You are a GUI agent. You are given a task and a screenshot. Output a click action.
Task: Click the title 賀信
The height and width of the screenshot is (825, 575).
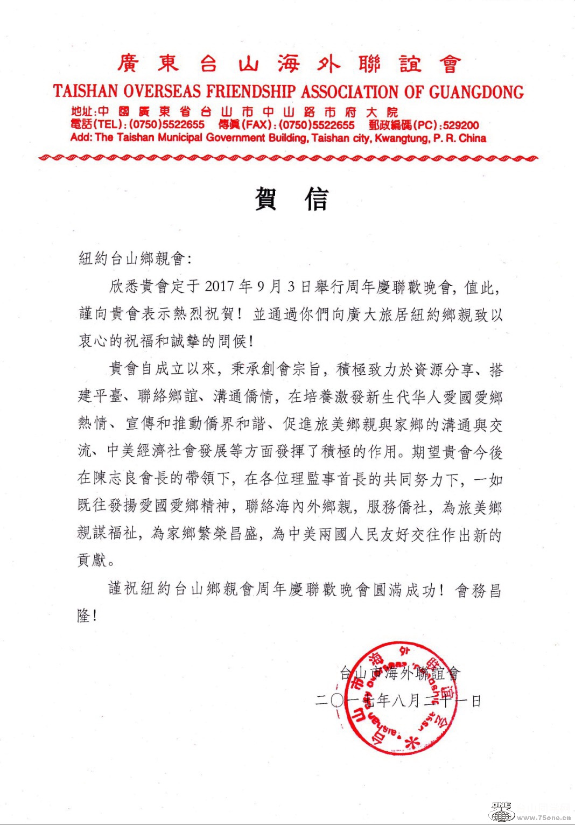tap(291, 199)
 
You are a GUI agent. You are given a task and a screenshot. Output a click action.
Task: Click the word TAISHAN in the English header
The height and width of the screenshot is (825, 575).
tap(86, 92)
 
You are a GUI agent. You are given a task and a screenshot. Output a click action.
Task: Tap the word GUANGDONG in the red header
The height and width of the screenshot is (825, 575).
tap(476, 92)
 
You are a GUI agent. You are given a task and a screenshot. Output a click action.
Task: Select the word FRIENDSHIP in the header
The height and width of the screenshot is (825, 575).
tap(251, 92)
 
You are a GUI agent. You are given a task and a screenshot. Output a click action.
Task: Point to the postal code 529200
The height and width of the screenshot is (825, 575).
tap(461, 125)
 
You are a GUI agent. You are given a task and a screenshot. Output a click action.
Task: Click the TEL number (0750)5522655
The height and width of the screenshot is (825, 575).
tap(167, 125)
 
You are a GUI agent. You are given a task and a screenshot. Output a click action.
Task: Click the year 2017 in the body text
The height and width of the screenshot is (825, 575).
tap(220, 286)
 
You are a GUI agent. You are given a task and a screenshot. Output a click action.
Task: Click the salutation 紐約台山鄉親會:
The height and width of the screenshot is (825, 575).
tap(135, 258)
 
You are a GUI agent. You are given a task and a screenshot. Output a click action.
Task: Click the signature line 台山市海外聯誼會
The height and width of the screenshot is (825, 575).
tap(400, 673)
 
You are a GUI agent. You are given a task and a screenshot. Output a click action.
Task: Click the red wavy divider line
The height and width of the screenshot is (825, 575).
tap(289, 158)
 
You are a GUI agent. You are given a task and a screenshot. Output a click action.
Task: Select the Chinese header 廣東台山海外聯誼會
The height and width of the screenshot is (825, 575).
tap(289, 64)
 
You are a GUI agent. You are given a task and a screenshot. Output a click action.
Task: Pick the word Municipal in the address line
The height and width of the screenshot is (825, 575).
tap(177, 138)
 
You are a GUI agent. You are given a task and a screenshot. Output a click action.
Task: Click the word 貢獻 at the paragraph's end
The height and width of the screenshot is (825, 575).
tap(93, 561)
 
